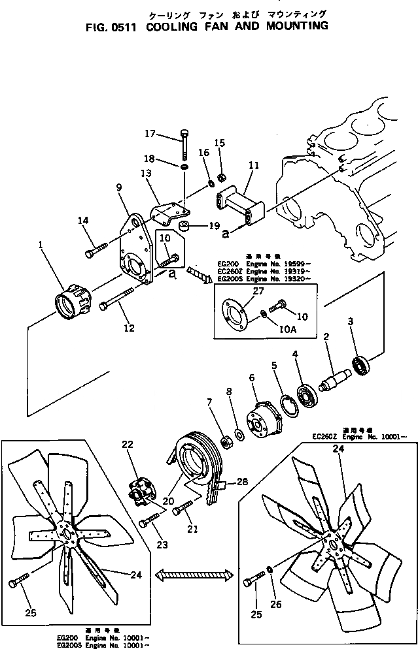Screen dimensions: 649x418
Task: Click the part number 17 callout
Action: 150,134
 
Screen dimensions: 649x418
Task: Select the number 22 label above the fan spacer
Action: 128,445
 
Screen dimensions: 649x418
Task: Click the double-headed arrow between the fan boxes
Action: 195,575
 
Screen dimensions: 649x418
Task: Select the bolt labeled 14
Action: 95,250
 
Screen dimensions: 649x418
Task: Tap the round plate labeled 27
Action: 234,315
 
